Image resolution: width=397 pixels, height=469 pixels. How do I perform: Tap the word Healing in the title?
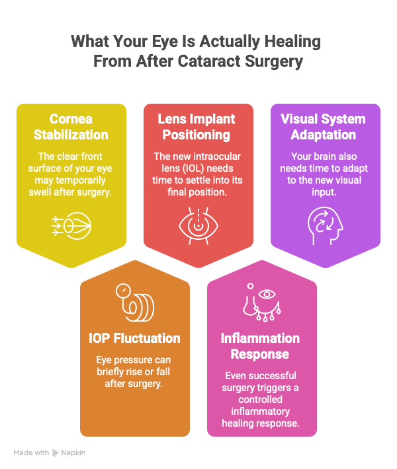click(292, 42)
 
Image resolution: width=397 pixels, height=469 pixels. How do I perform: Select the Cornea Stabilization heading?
click(71, 127)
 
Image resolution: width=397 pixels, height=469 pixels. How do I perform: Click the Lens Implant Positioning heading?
click(197, 127)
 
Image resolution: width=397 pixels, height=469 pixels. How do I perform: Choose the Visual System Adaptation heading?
click(324, 127)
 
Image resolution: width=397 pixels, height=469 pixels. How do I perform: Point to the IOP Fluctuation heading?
click(134, 338)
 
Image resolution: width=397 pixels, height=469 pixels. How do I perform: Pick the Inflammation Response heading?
click(260, 346)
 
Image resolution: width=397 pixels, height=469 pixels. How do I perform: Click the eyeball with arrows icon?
click(71, 226)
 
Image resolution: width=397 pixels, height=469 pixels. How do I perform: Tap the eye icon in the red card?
click(198, 225)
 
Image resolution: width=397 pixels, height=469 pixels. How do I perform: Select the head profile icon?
click(325, 226)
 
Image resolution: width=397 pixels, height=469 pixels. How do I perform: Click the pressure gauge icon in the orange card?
click(135, 303)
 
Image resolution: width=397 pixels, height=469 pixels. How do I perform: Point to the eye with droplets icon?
click(262, 303)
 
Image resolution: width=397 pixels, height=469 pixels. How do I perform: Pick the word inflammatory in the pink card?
click(261, 412)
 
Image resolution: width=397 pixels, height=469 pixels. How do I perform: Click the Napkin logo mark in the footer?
click(55, 453)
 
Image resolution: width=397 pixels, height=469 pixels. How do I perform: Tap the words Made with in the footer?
click(31, 452)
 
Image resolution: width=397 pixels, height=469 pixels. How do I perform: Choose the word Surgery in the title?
click(274, 61)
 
